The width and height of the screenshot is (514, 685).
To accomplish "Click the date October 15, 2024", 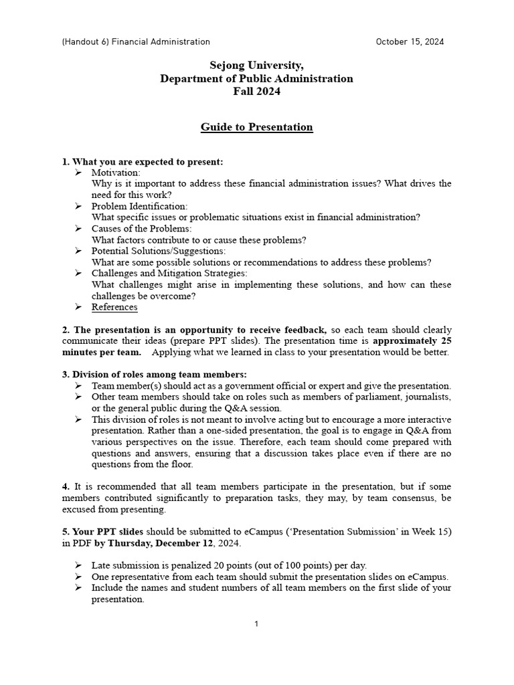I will tap(410, 41).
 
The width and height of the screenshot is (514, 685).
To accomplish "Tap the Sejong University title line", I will tap(256, 66).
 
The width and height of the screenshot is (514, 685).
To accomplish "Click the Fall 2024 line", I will tap(256, 92).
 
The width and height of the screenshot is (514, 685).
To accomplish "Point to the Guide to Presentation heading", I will tap(256, 127).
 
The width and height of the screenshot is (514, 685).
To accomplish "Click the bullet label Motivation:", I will tap(116, 173).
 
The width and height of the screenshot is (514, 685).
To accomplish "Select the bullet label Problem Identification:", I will tap(139, 206).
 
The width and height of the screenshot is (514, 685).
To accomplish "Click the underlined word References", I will tap(114, 307).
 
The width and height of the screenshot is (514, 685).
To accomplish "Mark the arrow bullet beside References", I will tap(78, 307).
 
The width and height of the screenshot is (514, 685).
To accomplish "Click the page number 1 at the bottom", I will tap(256, 624).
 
